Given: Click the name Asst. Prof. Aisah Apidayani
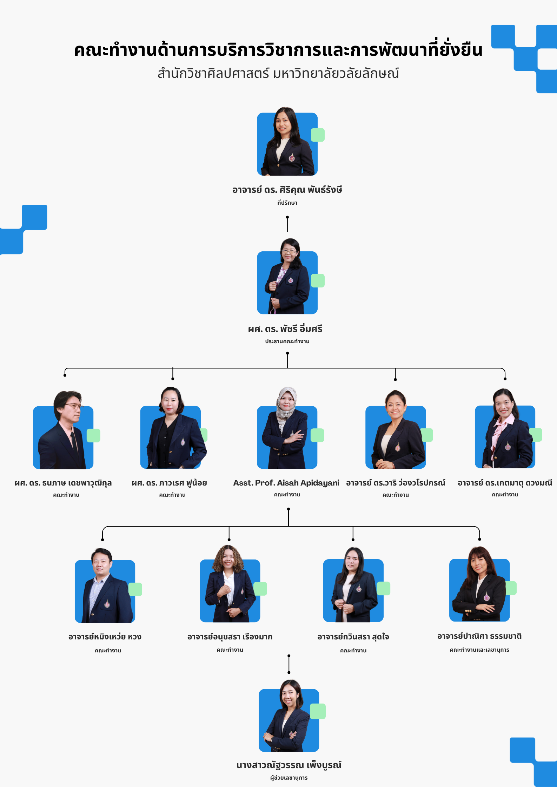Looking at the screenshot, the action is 286,483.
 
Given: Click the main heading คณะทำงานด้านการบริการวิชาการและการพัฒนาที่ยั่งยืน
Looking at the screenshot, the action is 278,50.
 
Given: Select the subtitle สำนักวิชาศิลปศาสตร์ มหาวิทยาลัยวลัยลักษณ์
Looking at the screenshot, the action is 278,73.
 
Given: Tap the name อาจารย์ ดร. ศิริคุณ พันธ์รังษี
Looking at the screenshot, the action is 287,190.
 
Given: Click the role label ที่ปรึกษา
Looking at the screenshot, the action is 287,203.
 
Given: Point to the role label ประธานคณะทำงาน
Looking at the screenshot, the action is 287,341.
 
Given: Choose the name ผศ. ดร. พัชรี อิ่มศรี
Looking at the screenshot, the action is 285,329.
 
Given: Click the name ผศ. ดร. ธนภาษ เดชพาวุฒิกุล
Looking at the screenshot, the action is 63,483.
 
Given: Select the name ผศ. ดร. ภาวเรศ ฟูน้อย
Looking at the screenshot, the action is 169,483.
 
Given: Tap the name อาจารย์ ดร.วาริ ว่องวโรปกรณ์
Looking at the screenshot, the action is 396,483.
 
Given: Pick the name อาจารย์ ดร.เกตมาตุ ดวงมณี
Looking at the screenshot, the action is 505,483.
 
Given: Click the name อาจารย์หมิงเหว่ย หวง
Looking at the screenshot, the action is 105,637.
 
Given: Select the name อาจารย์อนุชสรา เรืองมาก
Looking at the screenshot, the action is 230,637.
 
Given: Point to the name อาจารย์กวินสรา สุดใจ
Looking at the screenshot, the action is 353,637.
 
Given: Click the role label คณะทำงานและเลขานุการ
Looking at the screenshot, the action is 479,650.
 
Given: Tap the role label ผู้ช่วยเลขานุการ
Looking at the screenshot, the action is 289,778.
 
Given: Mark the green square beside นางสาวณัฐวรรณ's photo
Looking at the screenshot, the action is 318,711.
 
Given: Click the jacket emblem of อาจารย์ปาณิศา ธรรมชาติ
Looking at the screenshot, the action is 487,596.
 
